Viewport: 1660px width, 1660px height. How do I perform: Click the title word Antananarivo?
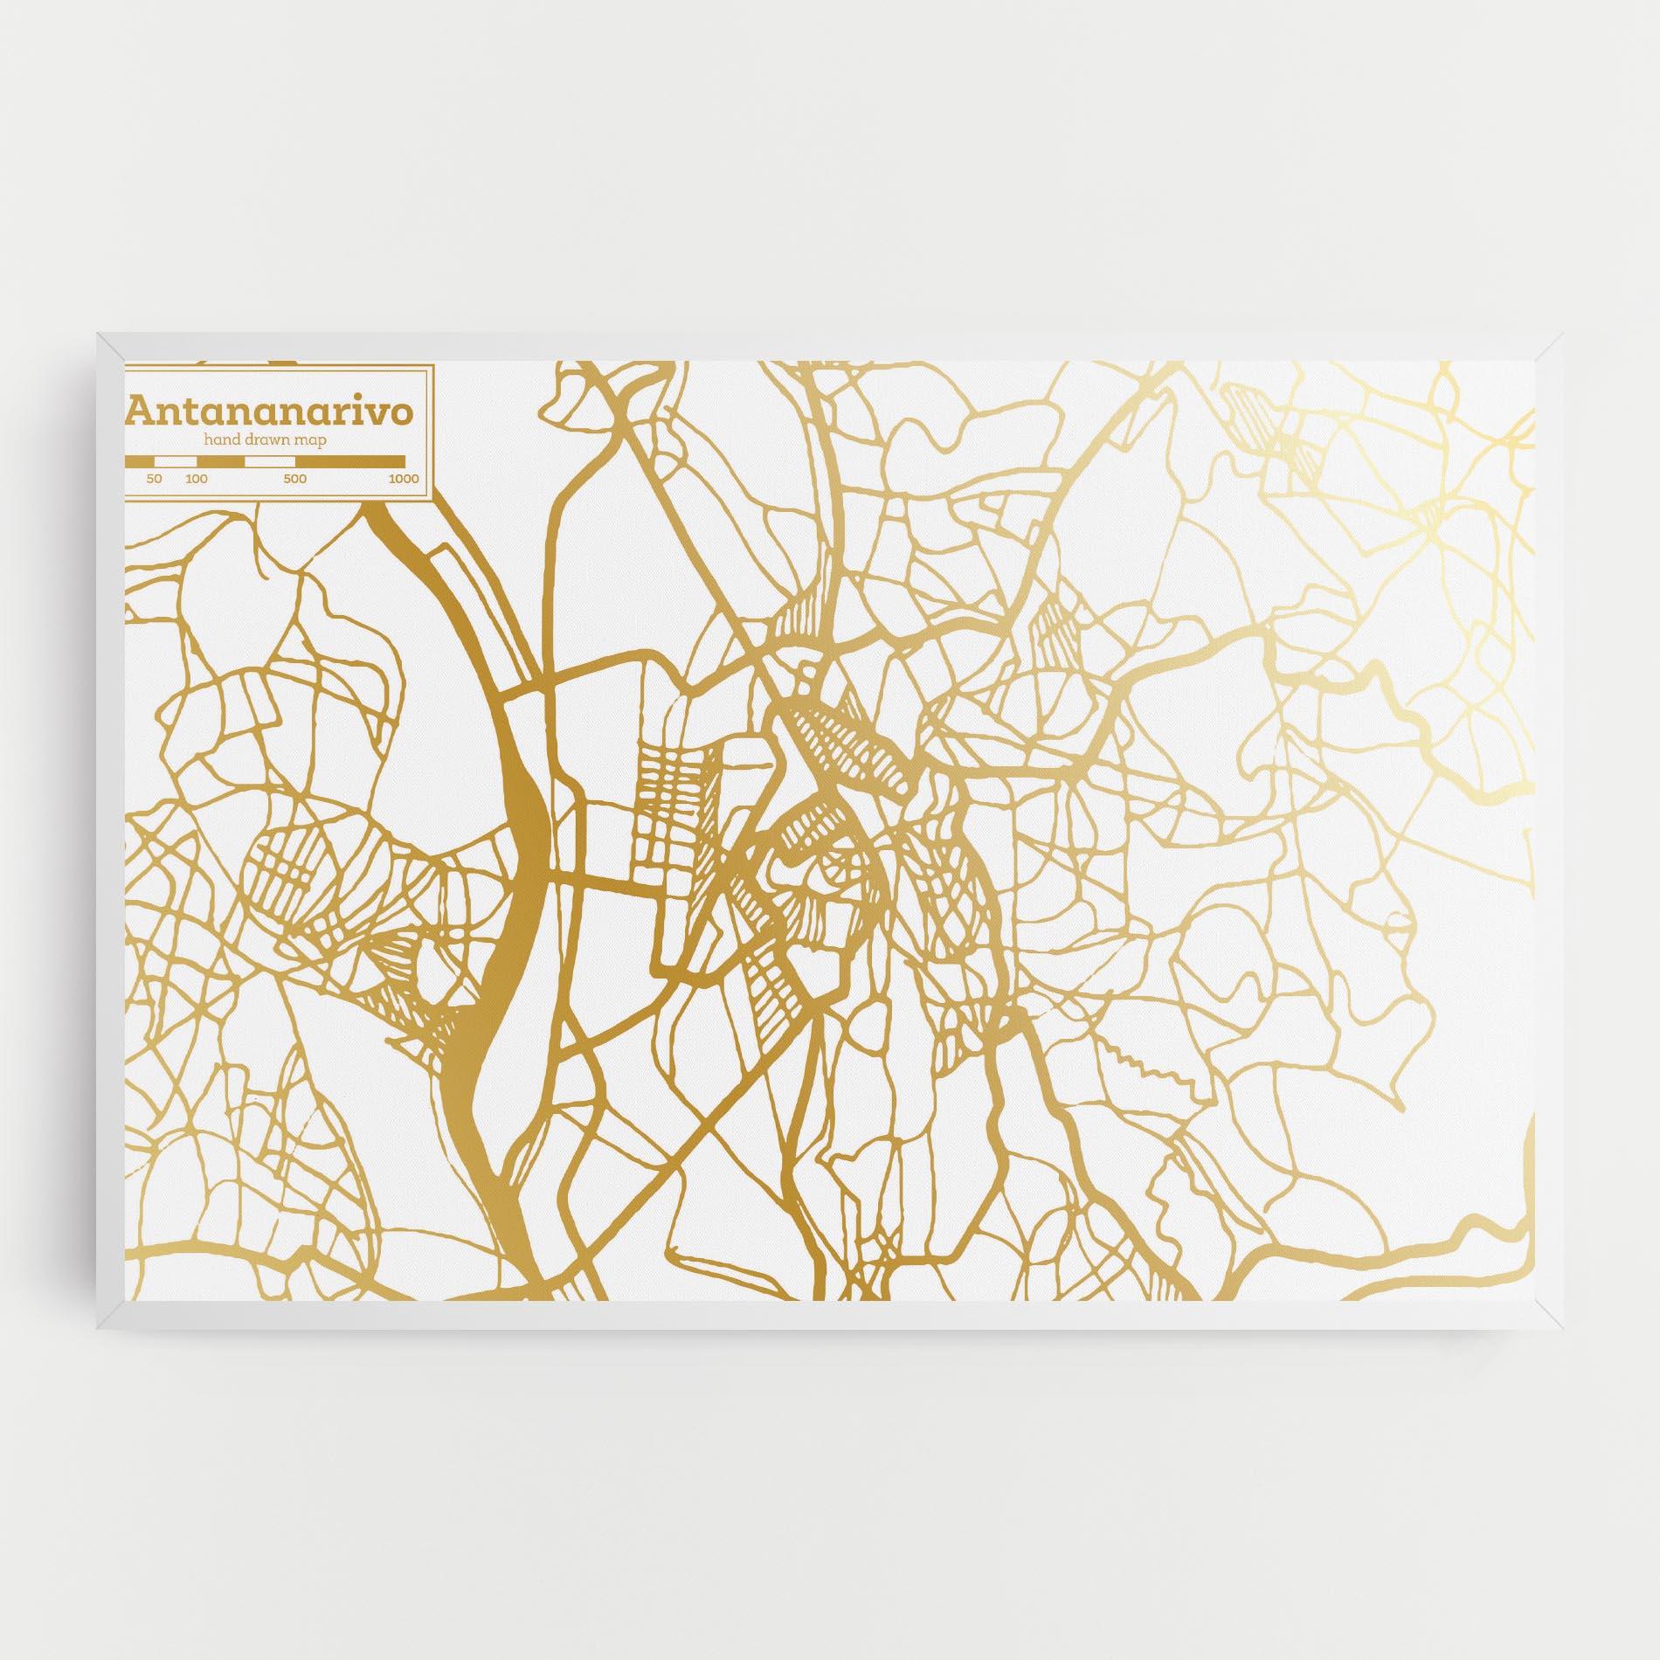tap(270, 412)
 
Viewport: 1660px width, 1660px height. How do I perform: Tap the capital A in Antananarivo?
tap(140, 412)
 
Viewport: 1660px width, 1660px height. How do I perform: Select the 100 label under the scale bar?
tap(197, 479)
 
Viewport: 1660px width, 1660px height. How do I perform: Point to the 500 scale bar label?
tap(295, 479)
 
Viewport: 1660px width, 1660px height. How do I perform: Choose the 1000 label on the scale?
tap(404, 479)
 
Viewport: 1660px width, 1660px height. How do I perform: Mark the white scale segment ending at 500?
tap(270, 460)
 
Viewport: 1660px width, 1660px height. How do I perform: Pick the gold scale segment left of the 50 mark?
tap(140, 460)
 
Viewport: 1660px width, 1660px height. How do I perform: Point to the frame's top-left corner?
tap(99, 334)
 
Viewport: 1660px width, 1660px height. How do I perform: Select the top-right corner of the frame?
tap(1561, 334)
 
